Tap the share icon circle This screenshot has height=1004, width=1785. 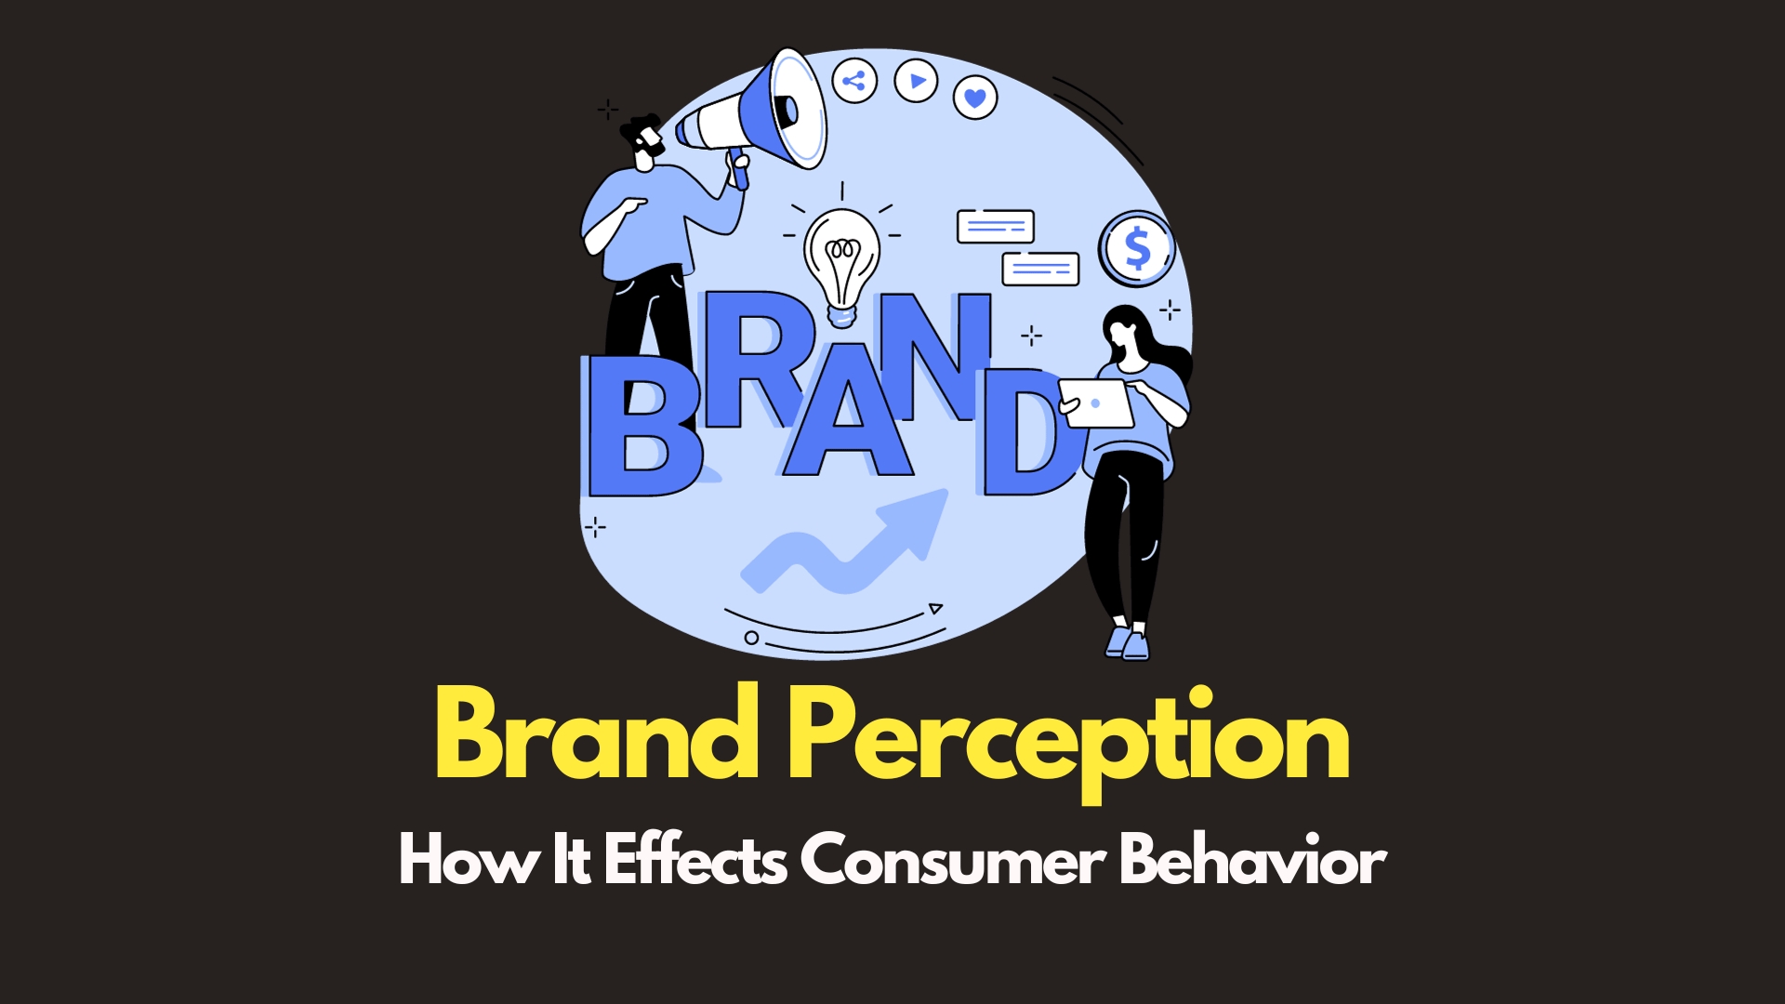click(x=853, y=81)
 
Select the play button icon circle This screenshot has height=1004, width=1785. click(x=916, y=81)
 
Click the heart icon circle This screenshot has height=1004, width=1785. click(x=974, y=97)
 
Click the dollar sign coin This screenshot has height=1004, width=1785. click(x=1137, y=248)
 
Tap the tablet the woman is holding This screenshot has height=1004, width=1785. click(x=1097, y=403)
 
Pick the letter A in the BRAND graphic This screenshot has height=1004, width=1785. click(x=847, y=409)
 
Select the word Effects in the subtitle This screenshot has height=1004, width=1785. click(x=695, y=859)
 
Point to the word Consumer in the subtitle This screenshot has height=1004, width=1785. click(x=952, y=861)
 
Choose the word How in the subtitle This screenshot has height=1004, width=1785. click(x=468, y=859)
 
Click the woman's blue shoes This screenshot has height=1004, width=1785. click(x=1128, y=642)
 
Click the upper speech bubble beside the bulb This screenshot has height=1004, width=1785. click(x=995, y=227)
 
